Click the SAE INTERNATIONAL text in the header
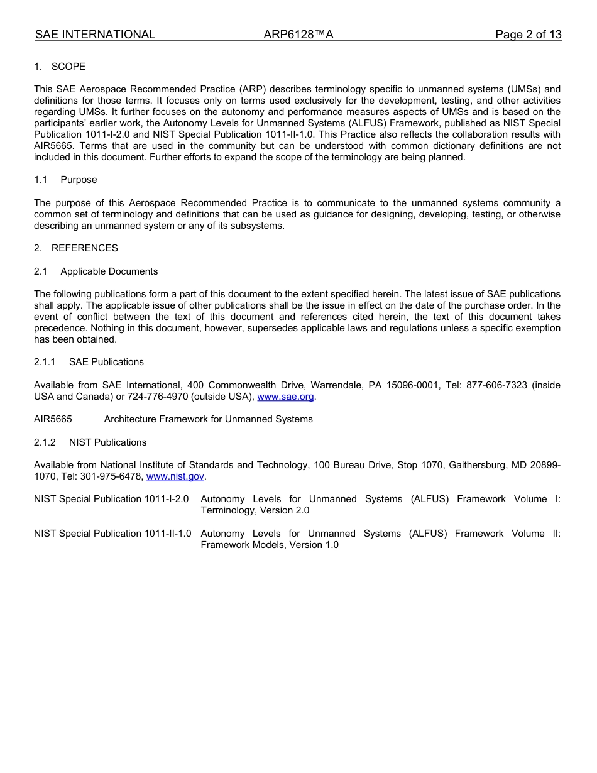95,35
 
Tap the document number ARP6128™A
298,35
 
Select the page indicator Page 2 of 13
528,35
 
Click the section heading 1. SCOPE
60,67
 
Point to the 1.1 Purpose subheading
66,180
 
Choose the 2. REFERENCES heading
76,248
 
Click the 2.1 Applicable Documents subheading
96,271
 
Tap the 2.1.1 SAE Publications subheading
89,362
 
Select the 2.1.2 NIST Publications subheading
90,442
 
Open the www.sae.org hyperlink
286,397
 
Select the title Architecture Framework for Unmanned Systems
208,419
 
